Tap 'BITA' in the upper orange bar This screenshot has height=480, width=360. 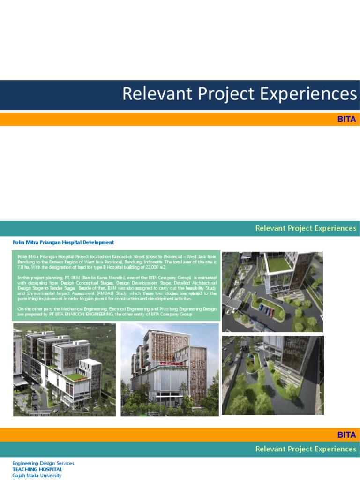[346, 119]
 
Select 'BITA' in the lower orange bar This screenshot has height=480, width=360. [346, 435]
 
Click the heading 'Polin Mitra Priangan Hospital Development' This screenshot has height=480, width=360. [63, 242]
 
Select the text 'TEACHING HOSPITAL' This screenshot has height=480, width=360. [37, 469]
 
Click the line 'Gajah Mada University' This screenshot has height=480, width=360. [37, 475]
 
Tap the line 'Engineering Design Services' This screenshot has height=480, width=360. [43, 463]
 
